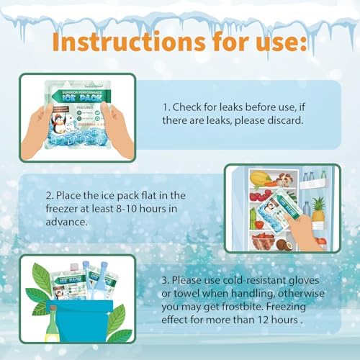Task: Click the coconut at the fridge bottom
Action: tap(282, 244)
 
